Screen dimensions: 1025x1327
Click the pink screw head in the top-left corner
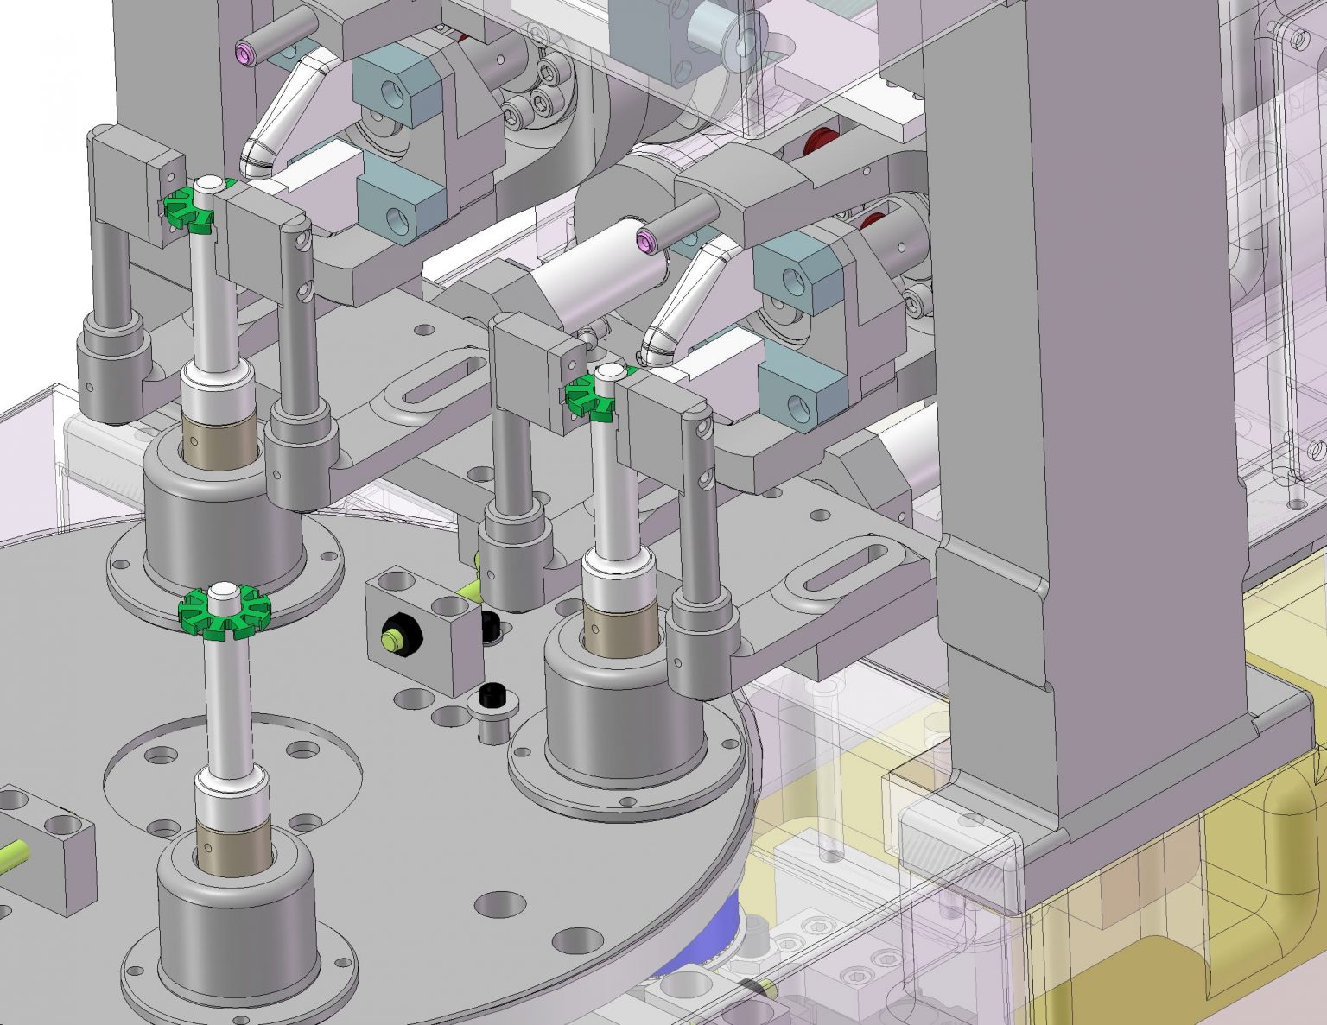246,55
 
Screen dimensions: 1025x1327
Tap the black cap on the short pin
492,694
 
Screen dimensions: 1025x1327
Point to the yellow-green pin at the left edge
15,859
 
